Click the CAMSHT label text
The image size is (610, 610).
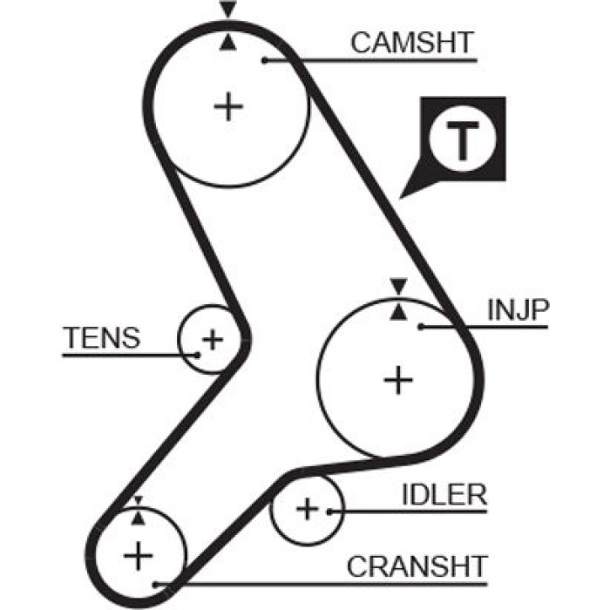[412, 43]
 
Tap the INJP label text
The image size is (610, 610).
[518, 309]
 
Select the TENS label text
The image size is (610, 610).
[102, 338]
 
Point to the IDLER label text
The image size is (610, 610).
[444, 494]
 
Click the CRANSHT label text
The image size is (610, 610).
[417, 566]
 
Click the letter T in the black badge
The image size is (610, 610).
[463, 140]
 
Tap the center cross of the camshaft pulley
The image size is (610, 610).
[228, 106]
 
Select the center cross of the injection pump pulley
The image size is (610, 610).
[398, 380]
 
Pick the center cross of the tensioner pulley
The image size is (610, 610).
[213, 340]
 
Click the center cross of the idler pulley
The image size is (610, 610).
[308, 509]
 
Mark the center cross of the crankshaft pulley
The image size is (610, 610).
[138, 556]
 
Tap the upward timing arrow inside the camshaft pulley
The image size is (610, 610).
[228, 42]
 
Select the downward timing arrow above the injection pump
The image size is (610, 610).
[398, 287]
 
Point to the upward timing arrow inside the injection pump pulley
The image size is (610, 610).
[398, 312]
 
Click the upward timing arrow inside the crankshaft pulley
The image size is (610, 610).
[138, 518]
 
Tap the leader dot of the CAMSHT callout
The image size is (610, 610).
[265, 60]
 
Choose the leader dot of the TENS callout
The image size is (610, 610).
[197, 355]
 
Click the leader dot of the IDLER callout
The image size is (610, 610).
[330, 512]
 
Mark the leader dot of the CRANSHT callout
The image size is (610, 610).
[156, 584]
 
